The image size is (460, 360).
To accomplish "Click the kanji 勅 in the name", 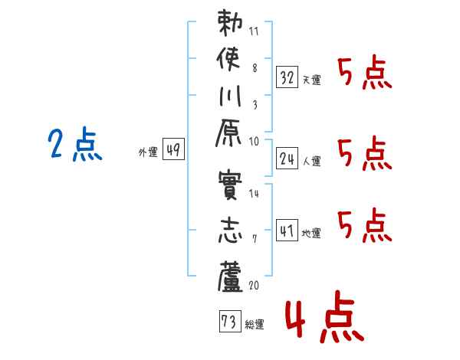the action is click(230, 23).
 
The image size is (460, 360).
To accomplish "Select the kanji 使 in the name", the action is click(228, 60).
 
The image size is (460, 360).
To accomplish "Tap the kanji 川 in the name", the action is click(230, 96).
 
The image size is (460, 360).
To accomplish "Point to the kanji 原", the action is click(228, 133).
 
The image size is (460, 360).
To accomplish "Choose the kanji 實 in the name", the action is click(230, 185).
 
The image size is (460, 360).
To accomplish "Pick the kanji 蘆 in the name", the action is click(230, 277).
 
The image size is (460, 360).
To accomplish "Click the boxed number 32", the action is click(287, 77).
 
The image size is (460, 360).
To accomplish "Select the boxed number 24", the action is click(287, 159).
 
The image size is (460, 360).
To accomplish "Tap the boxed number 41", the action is click(287, 231).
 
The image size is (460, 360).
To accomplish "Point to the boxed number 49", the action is click(173, 149).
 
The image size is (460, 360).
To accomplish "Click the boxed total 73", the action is click(230, 321).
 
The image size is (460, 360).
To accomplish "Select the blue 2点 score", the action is click(75, 144).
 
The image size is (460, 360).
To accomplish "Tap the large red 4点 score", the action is click(325, 316).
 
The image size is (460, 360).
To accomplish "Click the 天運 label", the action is click(312, 80).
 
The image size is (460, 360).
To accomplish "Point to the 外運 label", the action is click(148, 152).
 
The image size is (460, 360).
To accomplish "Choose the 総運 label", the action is click(255, 324).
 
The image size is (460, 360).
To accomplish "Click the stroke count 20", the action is click(254, 285).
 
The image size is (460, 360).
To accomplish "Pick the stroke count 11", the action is click(254, 31).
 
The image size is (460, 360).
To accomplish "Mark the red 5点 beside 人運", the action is click(365, 153).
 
